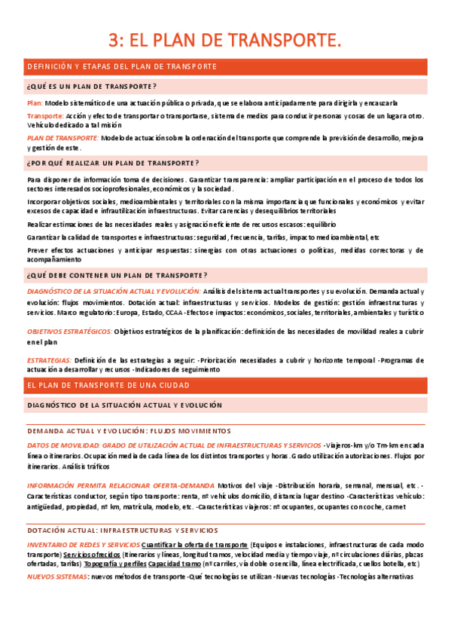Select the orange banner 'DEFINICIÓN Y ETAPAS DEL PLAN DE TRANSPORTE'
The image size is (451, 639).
point(122,67)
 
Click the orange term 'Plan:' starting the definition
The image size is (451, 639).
point(35,102)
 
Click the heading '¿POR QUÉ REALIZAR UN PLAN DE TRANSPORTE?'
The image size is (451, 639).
point(113,163)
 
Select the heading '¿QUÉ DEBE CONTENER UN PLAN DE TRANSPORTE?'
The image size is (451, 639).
point(117,275)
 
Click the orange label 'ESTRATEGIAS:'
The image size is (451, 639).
point(49,360)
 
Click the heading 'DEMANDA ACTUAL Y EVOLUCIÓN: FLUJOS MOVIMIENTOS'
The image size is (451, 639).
point(129,431)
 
